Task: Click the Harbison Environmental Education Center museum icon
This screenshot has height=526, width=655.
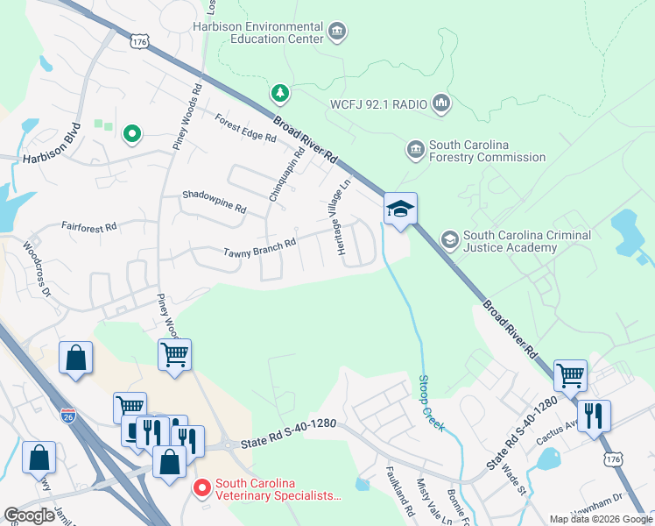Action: (336, 33)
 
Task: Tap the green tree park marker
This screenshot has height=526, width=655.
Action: (280, 92)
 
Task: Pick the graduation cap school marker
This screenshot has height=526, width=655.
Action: (399, 210)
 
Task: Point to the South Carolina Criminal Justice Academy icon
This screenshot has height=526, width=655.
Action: (449, 239)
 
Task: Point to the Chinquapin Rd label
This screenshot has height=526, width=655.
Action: (287, 174)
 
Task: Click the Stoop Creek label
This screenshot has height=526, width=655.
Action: (430, 404)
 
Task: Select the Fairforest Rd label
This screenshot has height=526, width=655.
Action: (88, 226)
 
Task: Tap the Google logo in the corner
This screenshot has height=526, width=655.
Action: (30, 515)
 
